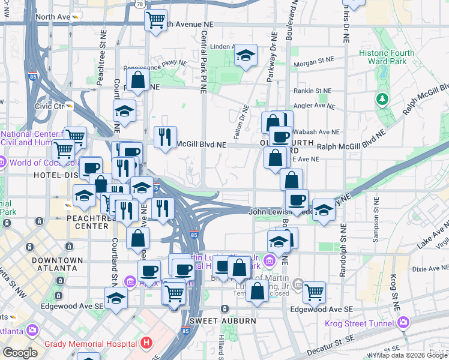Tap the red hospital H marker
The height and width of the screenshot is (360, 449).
[x=146, y=344]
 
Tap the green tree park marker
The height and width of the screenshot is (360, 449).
[x=381, y=98]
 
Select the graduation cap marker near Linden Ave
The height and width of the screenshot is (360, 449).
[x=245, y=56]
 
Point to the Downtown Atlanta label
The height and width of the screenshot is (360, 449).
[x=58, y=264]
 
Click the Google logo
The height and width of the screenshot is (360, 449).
[x=20, y=353]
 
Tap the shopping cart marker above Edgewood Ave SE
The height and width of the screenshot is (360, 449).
[x=313, y=293]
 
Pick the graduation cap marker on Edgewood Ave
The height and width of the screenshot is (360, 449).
[x=116, y=298]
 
